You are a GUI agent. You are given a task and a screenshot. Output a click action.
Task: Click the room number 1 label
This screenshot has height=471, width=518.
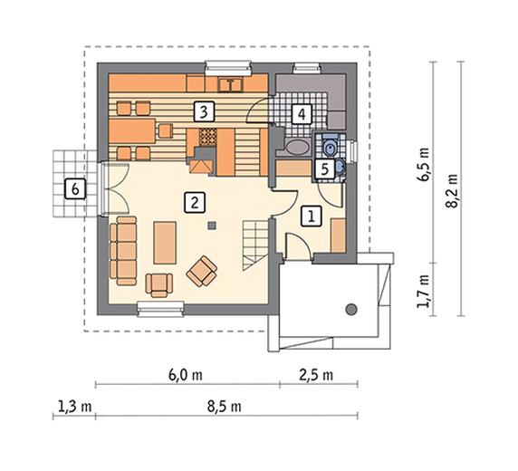coord(312,216)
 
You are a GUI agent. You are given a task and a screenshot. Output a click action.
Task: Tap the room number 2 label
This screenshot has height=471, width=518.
coord(195,202)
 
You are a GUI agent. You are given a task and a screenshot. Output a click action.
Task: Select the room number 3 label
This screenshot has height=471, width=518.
coord(204,111)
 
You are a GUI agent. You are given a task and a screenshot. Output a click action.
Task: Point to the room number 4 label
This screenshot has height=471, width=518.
coord(302,114)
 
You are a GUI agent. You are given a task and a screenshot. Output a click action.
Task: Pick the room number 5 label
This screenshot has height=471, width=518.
coord(325,169)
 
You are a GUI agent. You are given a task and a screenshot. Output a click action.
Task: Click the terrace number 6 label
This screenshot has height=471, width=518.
coord(75,189)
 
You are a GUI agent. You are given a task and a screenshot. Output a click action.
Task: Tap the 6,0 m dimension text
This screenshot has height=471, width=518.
coord(186,375)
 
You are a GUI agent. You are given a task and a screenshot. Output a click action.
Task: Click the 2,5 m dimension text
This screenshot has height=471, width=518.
coord(316,375)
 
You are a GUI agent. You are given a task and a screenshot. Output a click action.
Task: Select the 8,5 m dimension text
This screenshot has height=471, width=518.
coord(225,407)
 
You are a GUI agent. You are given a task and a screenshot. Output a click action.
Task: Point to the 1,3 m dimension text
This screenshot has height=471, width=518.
coord(74,407)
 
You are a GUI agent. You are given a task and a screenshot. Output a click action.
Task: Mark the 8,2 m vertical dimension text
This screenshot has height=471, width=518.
coord(452,191)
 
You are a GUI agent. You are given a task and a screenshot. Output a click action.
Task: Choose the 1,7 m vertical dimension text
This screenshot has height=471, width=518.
coord(423,291)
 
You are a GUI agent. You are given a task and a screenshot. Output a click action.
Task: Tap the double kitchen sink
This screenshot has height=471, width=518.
coord(230,85)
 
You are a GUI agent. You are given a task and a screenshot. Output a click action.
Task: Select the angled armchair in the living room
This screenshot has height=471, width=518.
coord(202,271)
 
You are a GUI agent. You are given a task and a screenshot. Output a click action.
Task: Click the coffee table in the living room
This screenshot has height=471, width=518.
coord(165,243)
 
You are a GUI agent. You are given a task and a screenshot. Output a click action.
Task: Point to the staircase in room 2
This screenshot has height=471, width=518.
coord(255,245)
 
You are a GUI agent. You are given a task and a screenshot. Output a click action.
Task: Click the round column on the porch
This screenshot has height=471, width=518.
coord(351,310)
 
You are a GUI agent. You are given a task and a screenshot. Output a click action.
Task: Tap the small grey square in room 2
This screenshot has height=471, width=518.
coord(211,226)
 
